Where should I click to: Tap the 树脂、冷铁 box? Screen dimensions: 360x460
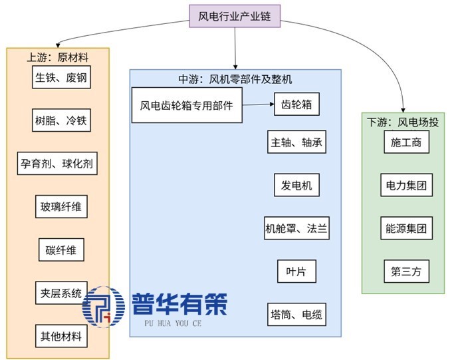click(x=60, y=120)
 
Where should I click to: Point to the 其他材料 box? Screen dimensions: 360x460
click(x=60, y=336)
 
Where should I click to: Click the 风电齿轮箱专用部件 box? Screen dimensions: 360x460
click(x=186, y=105)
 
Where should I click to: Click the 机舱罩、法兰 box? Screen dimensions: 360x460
click(x=296, y=229)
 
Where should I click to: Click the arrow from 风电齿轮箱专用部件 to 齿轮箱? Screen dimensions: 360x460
click(x=257, y=104)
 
